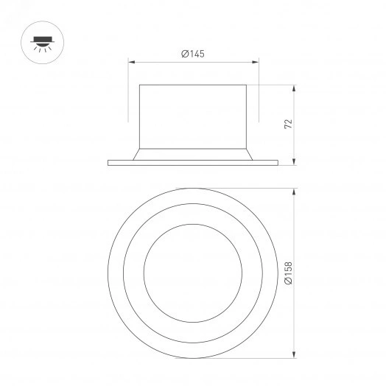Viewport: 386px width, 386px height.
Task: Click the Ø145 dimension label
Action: tap(192, 53)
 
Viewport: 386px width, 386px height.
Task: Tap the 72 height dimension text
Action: tap(289, 123)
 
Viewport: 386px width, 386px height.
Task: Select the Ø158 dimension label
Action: tap(289, 273)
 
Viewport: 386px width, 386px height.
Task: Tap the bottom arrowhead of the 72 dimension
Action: tap(295, 162)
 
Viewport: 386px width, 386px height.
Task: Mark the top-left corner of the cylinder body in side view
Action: tap(140, 86)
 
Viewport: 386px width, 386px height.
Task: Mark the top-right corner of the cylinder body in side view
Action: tap(248, 86)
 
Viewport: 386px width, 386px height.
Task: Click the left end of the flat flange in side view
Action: tap(109, 161)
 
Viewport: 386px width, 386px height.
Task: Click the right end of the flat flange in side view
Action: tap(277, 161)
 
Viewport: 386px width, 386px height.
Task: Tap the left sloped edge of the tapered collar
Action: tap(136, 152)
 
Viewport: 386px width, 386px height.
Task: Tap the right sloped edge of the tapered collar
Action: tap(251, 152)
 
